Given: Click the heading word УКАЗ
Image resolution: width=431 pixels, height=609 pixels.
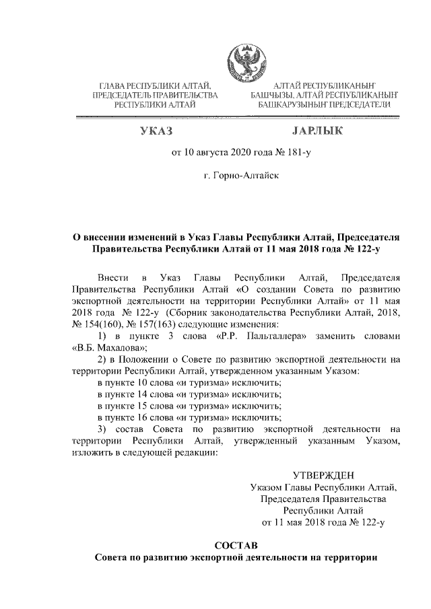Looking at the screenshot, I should point(156,131).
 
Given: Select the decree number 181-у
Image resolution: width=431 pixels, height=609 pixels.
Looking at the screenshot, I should point(299,154).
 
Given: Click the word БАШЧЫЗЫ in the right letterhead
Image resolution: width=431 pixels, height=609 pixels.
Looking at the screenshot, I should point(271,96).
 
